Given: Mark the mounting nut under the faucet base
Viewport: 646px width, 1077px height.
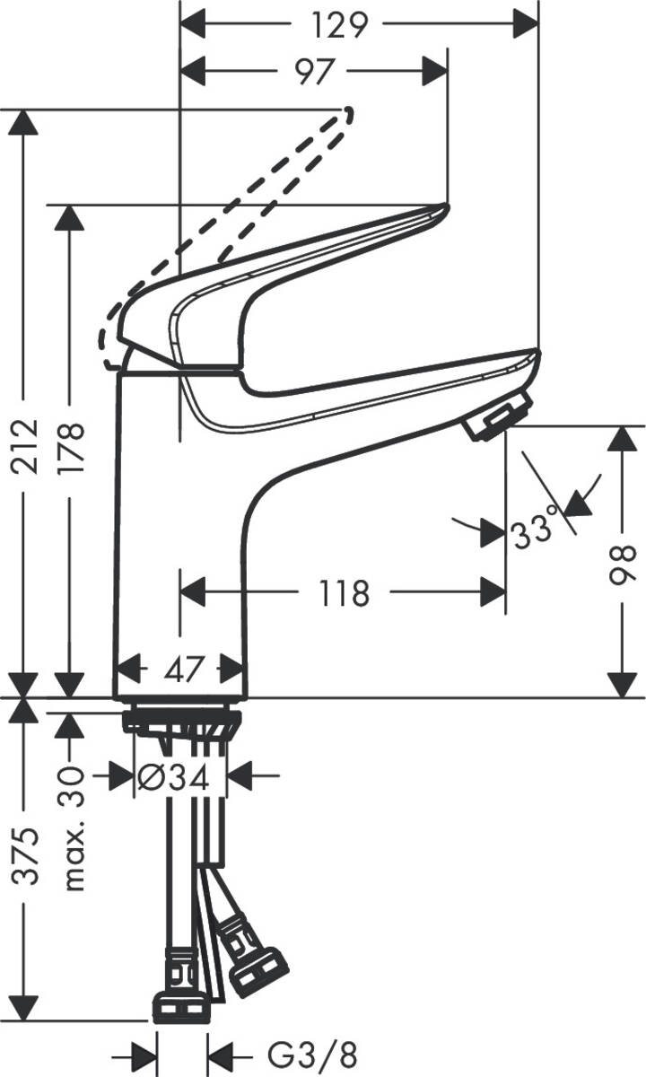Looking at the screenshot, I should click(183, 720).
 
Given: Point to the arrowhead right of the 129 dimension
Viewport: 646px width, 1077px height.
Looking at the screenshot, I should click(524, 25).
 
